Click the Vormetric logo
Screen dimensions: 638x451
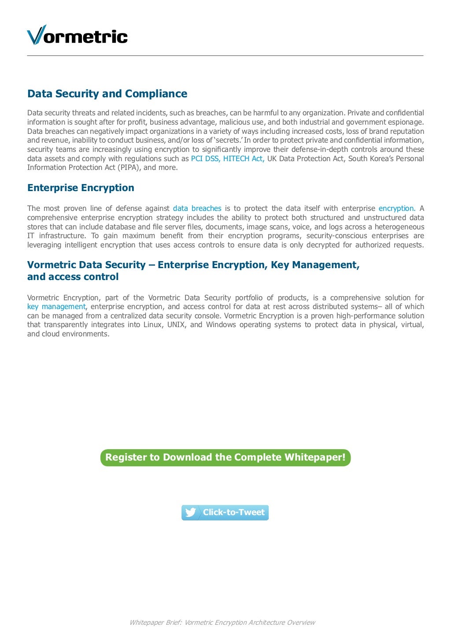(77, 35)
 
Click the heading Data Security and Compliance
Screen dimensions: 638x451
(107, 94)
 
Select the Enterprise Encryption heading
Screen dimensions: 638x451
(81, 188)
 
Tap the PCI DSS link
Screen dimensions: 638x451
(205, 159)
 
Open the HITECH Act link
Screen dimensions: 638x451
(244, 159)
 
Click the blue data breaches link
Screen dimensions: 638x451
(197, 208)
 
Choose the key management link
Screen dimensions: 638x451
(56, 306)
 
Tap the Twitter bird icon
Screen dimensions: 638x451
(191, 513)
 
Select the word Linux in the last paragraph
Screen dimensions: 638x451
(153, 325)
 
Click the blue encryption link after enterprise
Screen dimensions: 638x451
(396, 208)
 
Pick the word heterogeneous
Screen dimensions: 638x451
(399, 227)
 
